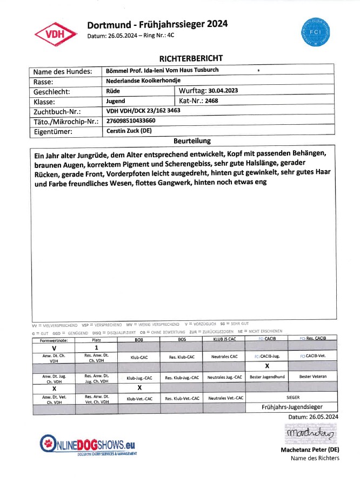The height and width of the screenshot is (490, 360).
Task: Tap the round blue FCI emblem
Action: (315, 30)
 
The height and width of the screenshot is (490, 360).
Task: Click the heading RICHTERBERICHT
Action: (191, 58)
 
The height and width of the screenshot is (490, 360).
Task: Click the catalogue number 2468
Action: (211, 100)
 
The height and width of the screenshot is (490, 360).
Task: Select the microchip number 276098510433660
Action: (131, 120)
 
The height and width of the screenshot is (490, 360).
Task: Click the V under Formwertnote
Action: (54, 347)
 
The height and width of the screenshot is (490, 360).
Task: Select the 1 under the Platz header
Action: (96, 347)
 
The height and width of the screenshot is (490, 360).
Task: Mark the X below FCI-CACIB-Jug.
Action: (266, 366)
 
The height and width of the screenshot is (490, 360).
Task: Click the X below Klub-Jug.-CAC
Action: (139, 387)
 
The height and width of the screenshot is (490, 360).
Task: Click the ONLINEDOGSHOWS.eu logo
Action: (88, 445)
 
